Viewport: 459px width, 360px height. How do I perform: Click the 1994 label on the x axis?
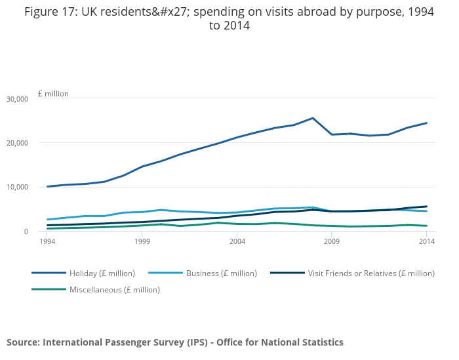[47, 242]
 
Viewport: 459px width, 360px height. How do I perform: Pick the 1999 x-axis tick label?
[142, 242]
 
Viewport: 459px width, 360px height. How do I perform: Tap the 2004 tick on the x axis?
[237, 242]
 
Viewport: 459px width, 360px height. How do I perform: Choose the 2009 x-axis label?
[332, 242]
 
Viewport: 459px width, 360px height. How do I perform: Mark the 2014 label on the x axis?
[427, 242]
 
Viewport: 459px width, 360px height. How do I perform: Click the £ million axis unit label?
[53, 94]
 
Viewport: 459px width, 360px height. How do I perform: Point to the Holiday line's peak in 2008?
[313, 118]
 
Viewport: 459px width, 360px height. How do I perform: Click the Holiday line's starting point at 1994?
[47, 187]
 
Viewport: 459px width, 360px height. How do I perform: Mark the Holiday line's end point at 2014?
[427, 123]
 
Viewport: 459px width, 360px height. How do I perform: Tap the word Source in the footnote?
[22, 342]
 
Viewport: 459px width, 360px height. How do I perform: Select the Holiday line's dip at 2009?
[332, 134]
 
